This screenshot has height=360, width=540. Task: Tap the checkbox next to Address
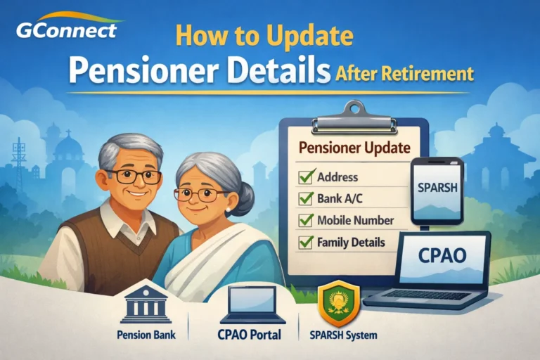coord(306,176)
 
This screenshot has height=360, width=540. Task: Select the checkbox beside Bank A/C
coord(306,198)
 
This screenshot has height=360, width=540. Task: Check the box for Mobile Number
coord(306,220)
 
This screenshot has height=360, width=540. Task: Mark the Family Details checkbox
coord(306,242)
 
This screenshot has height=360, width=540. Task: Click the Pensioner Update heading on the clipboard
coord(355,148)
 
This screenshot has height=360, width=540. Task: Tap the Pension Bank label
coord(146,335)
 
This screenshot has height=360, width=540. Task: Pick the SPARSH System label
coord(344,335)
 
